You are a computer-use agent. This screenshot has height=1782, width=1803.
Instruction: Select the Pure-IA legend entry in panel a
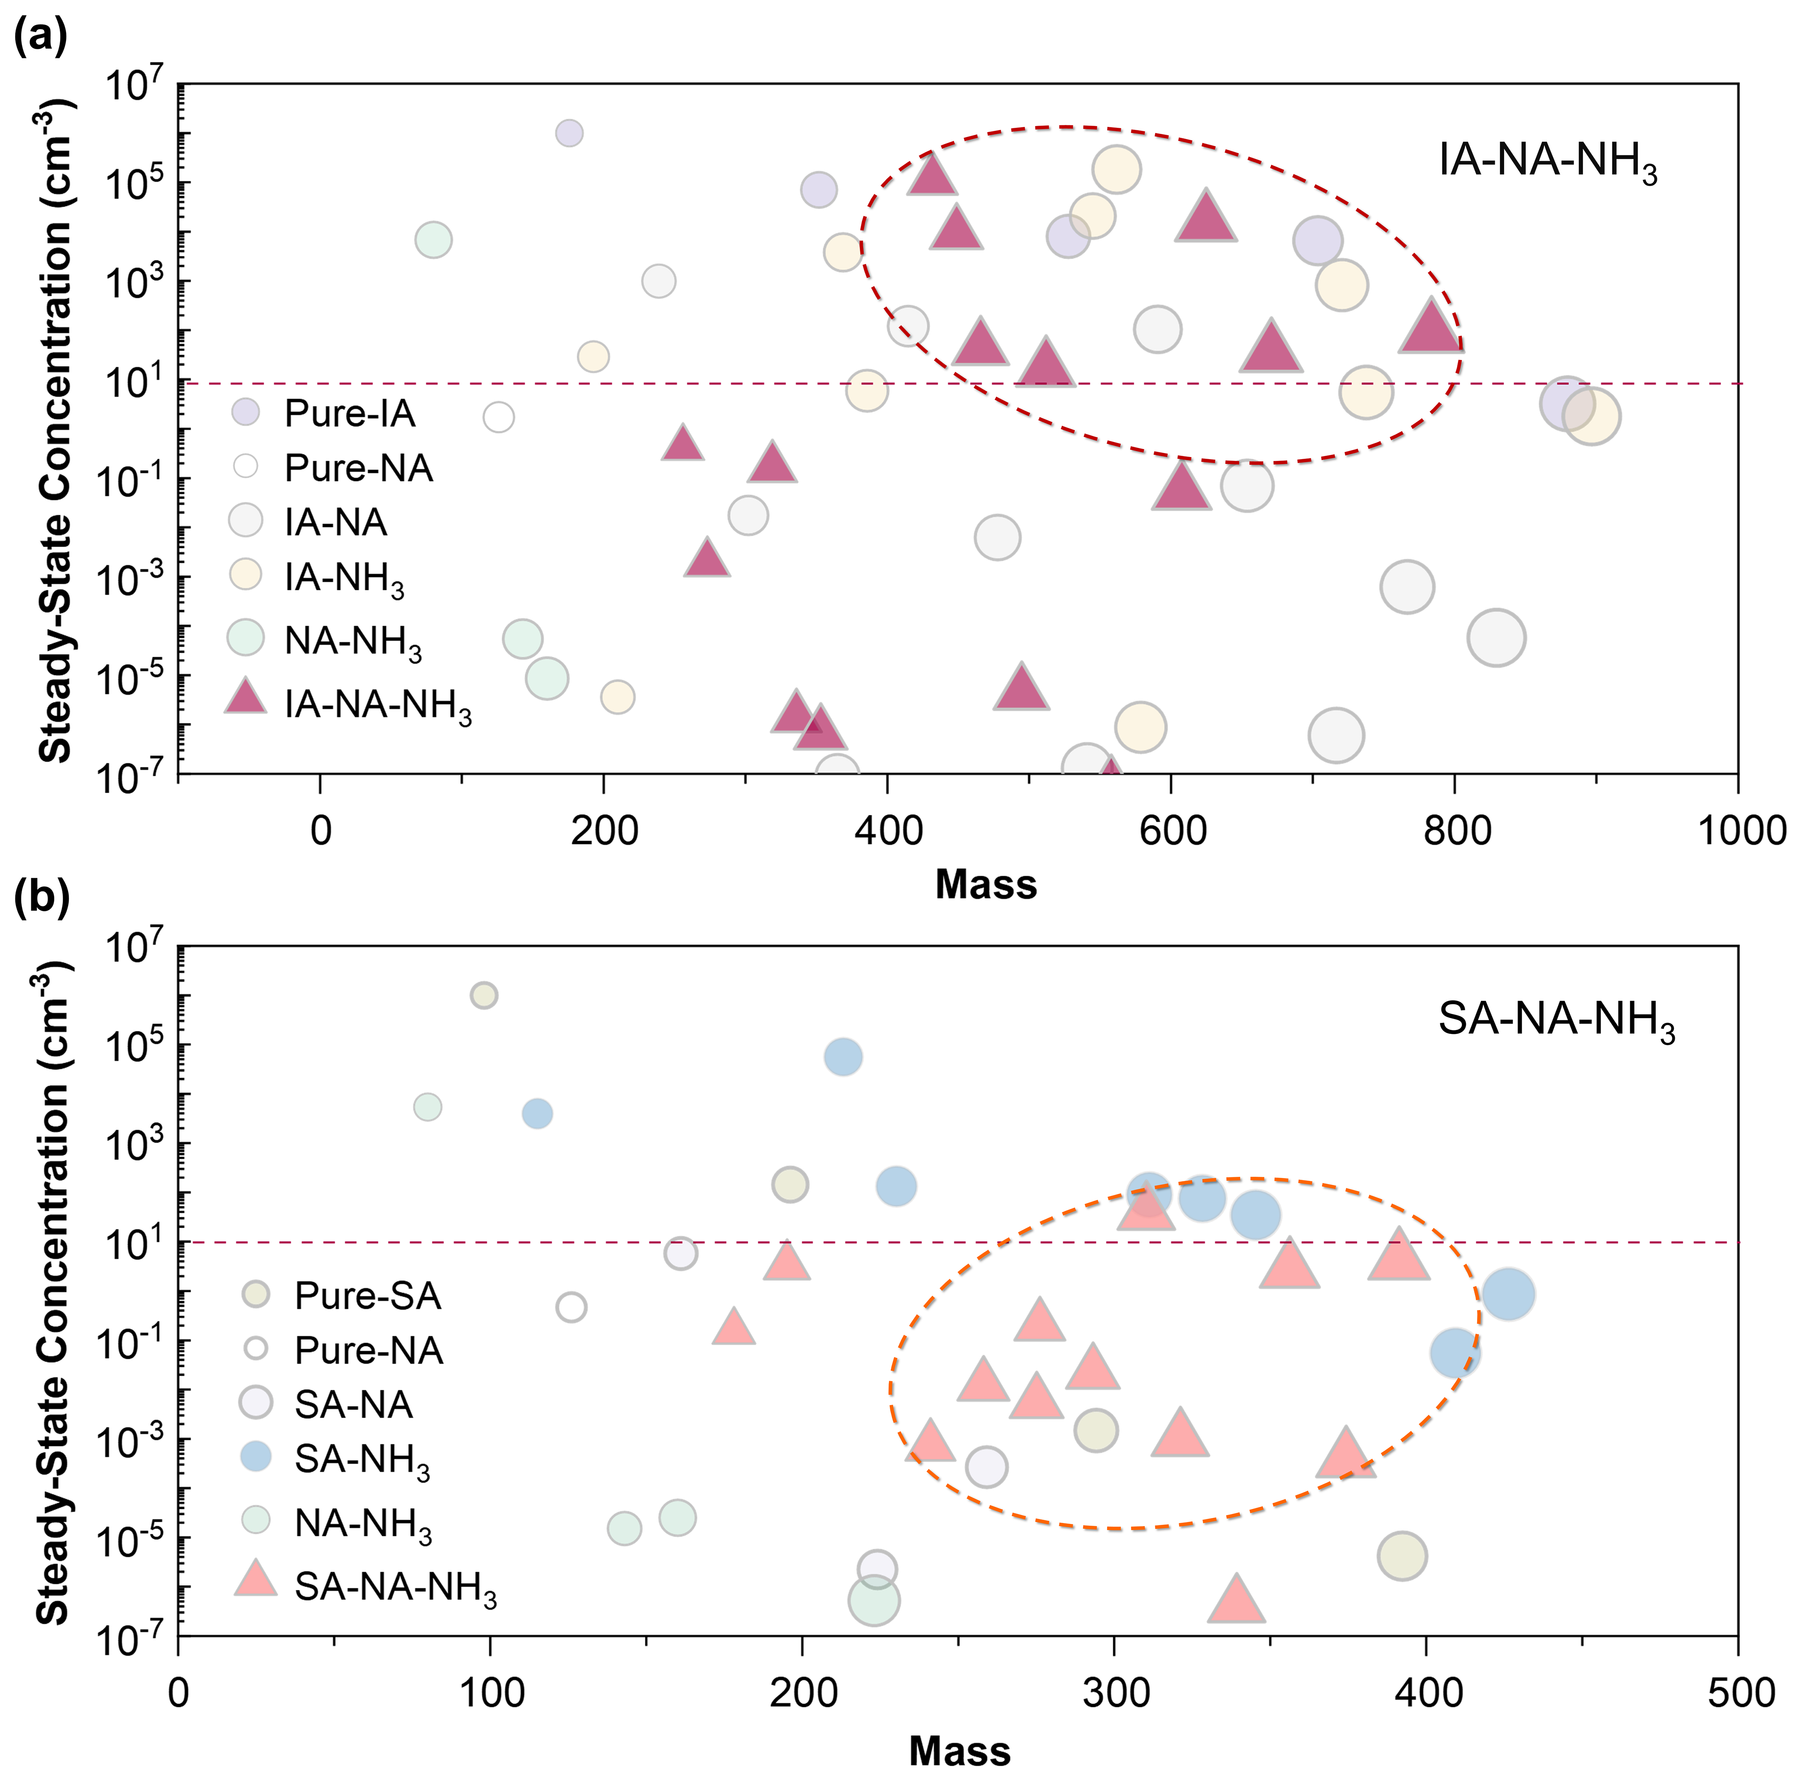[349, 412]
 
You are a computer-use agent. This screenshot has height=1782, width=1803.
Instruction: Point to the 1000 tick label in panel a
[1736, 830]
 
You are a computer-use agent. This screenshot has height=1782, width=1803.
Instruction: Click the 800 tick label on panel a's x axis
[1453, 830]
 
